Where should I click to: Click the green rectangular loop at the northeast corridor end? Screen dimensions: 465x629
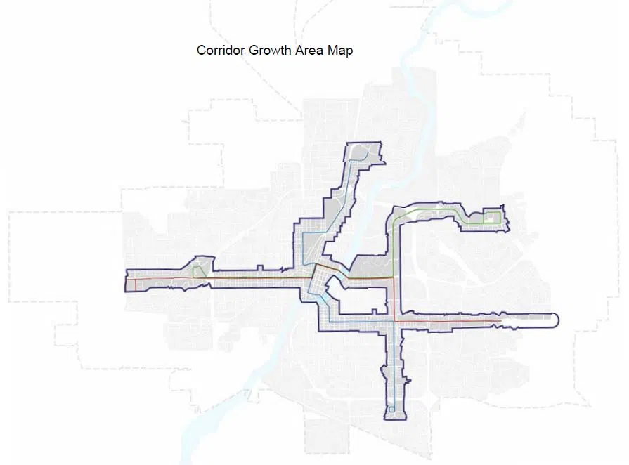(493, 217)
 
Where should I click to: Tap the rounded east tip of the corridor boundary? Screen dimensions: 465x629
(557, 320)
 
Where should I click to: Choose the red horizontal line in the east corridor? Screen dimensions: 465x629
(450, 321)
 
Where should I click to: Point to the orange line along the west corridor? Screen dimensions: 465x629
(253, 278)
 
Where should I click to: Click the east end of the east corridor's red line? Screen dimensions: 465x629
(500, 321)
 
